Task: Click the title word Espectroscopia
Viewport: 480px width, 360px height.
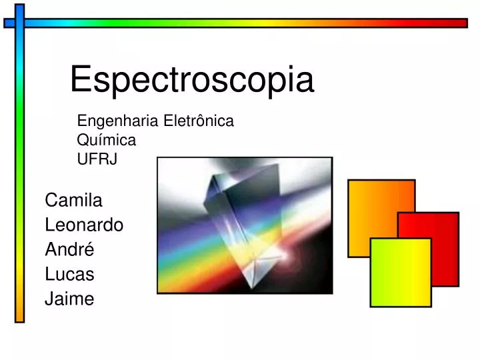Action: (192, 81)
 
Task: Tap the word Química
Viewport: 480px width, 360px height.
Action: (107, 140)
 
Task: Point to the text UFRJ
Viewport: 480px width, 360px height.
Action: (97, 159)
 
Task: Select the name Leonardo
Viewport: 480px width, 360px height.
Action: (84, 225)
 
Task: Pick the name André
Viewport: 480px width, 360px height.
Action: (69, 249)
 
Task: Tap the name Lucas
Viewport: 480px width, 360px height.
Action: (69, 274)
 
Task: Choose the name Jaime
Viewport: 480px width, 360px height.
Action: (69, 299)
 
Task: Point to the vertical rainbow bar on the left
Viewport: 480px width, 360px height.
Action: (19, 167)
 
